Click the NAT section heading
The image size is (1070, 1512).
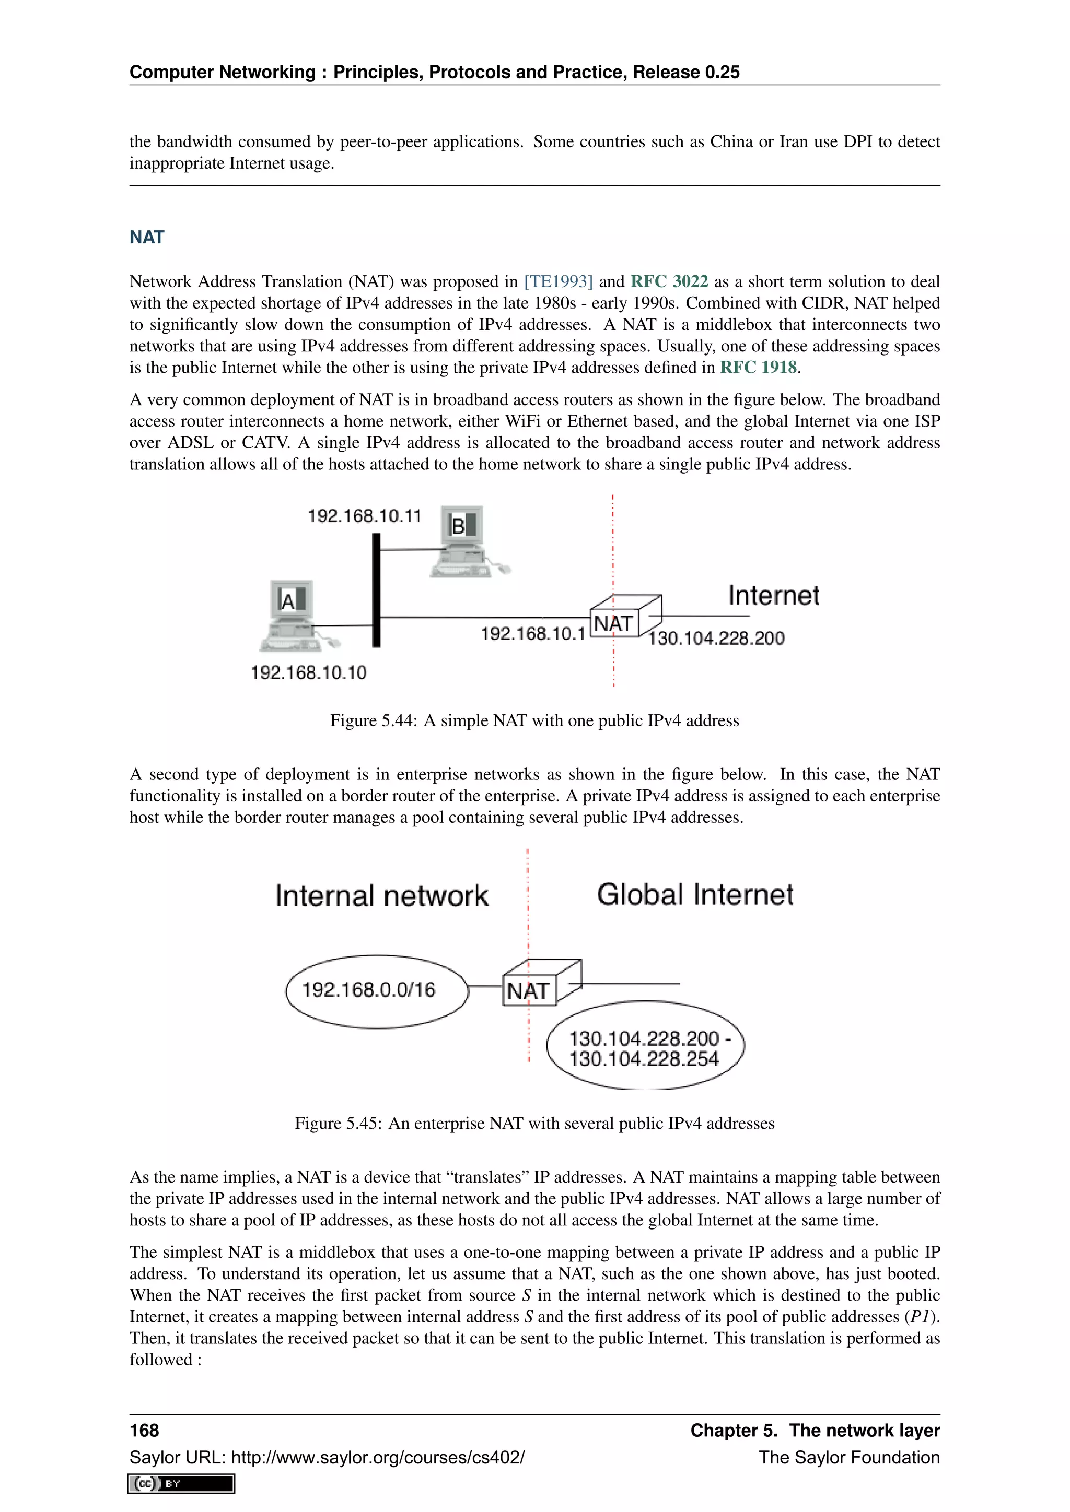pyautogui.click(x=146, y=237)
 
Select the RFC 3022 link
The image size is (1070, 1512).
pyautogui.click(x=669, y=281)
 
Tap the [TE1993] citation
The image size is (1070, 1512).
pyautogui.click(x=558, y=281)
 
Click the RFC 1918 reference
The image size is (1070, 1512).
pyautogui.click(x=758, y=368)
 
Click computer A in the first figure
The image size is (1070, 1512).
pyautogui.click(x=293, y=615)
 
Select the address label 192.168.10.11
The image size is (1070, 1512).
pyautogui.click(x=364, y=516)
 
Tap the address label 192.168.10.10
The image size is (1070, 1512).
pyautogui.click(x=308, y=672)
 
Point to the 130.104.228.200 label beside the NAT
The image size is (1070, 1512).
pyautogui.click(x=716, y=638)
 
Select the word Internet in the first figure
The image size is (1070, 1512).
pyautogui.click(x=774, y=595)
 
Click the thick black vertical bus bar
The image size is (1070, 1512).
pyautogui.click(x=376, y=589)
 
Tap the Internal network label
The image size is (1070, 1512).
pyautogui.click(x=381, y=896)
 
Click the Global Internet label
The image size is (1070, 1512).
pyautogui.click(x=695, y=895)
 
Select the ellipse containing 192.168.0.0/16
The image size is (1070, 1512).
pyautogui.click(x=376, y=990)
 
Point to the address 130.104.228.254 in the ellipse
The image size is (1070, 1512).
pyautogui.click(x=644, y=1059)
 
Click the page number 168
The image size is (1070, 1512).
pyautogui.click(x=144, y=1431)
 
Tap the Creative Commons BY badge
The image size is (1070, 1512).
pyautogui.click(x=181, y=1484)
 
